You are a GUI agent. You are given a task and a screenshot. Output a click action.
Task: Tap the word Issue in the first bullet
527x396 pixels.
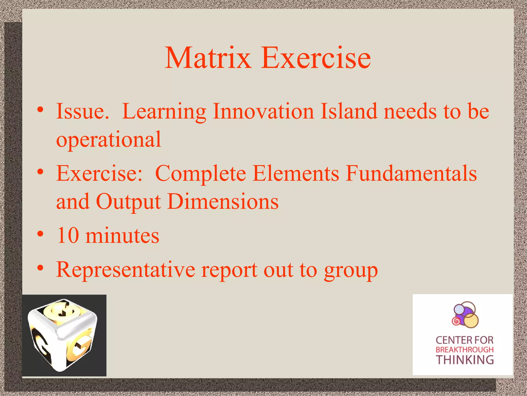pos(82,111)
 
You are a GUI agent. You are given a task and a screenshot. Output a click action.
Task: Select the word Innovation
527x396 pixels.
pos(263,111)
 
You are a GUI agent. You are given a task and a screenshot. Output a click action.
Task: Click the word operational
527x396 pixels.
pos(109,140)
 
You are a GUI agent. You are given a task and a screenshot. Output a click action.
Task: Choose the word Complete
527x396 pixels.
pos(200,173)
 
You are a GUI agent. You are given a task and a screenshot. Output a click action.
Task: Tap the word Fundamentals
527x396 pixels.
pos(411,173)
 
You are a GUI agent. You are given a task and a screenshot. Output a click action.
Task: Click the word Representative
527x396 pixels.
pos(126,270)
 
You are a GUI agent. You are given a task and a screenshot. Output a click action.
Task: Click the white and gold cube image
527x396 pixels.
pos(64,335)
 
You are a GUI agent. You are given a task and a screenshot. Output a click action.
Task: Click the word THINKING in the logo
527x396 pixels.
pos(465,360)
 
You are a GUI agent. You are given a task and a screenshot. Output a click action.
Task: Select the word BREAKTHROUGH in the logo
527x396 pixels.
pos(465,350)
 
